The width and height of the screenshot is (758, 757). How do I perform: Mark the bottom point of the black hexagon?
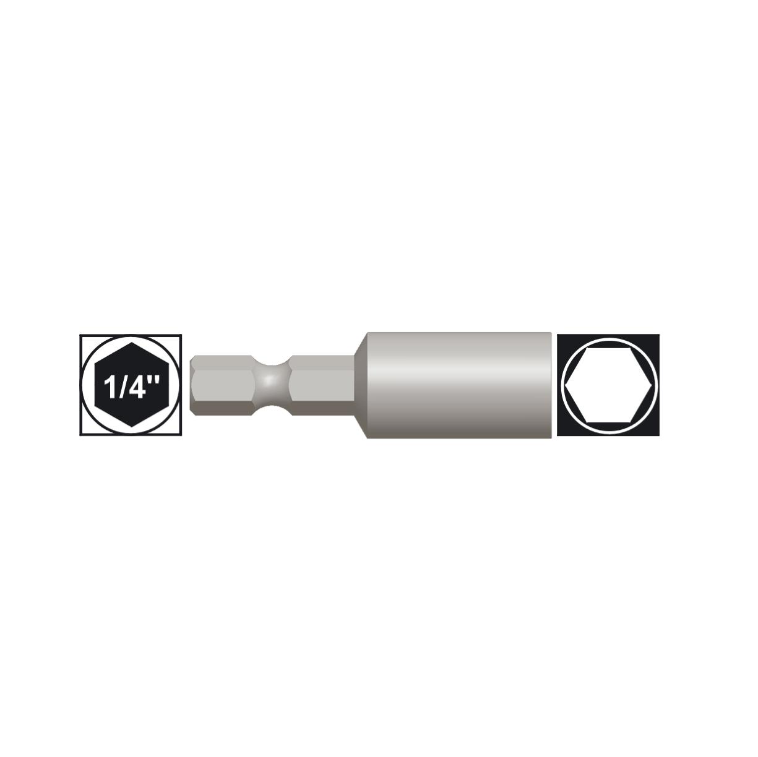click(x=131, y=427)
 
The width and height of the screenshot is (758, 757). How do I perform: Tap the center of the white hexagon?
click(x=608, y=385)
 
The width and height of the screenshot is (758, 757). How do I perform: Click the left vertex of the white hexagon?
click(x=567, y=385)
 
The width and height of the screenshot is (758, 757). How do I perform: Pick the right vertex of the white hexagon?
click(x=651, y=385)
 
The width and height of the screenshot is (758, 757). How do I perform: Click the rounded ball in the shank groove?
click(x=270, y=385)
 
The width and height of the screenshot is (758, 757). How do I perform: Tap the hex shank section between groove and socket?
click(x=321, y=385)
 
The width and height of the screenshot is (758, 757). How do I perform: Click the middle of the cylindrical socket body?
click(x=458, y=385)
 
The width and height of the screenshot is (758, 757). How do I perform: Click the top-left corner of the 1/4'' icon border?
click(x=81, y=336)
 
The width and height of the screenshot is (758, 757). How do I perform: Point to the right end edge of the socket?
click(x=550, y=385)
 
